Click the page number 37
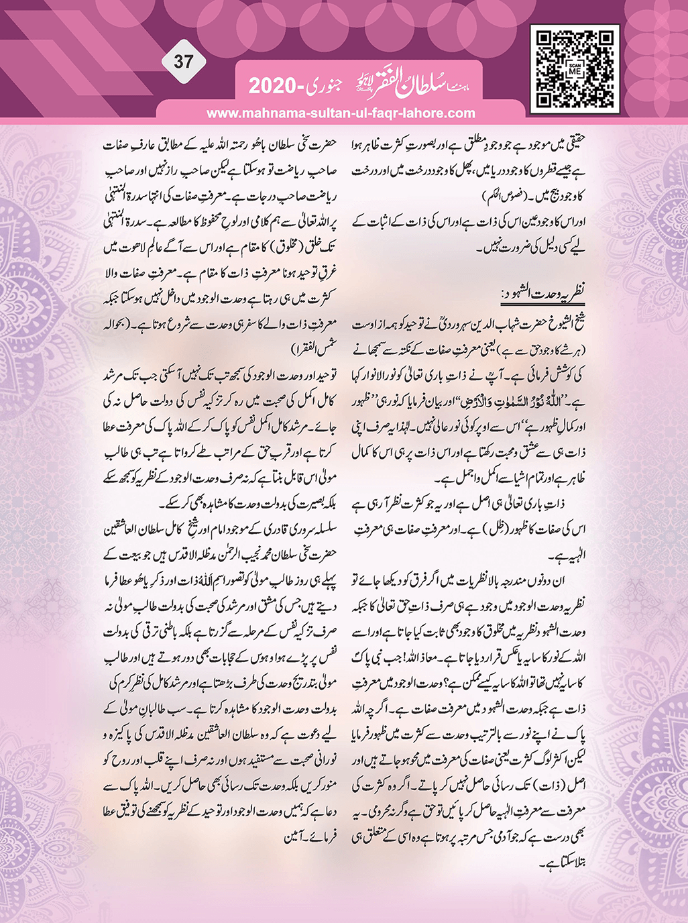(184, 62)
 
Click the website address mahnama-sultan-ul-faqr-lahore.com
(341, 113)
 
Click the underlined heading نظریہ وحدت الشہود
(544, 293)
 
